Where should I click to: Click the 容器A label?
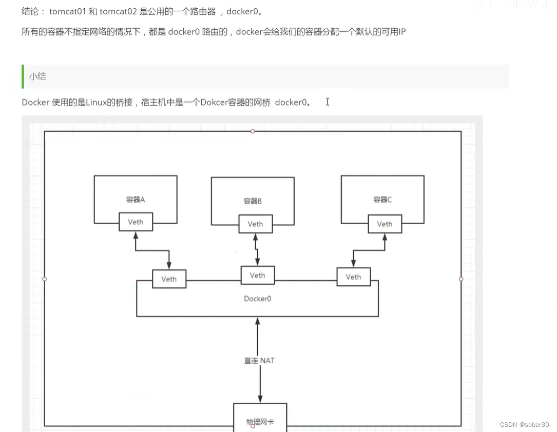(x=136, y=200)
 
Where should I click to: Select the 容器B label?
(x=253, y=201)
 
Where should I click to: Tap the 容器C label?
(x=382, y=200)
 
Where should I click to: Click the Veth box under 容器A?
(x=136, y=222)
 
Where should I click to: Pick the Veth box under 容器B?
(x=255, y=224)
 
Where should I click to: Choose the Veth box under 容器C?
(x=385, y=224)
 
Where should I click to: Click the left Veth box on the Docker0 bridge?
(x=169, y=279)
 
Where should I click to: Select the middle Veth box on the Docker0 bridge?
(x=257, y=275)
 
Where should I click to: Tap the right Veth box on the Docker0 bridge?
(x=353, y=277)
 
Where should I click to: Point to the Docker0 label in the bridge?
(x=257, y=299)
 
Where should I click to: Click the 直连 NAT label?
(x=259, y=361)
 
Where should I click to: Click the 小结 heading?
(x=37, y=76)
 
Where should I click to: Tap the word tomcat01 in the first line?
(x=68, y=11)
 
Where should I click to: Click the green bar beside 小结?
(x=23, y=76)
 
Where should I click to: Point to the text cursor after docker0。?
(x=327, y=102)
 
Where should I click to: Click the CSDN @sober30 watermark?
(x=524, y=425)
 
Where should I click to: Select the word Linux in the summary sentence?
(x=97, y=102)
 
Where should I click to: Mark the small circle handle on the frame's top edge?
(x=253, y=131)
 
